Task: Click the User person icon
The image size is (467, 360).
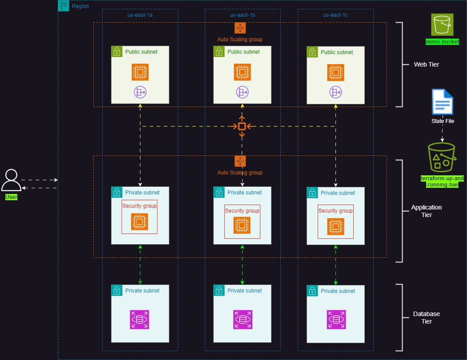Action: coord(11,180)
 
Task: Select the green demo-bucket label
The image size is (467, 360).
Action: coord(442,41)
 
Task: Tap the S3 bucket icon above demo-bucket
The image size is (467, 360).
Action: coord(442,24)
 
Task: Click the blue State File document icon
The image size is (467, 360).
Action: coord(442,103)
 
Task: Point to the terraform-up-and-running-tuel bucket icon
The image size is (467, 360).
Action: coord(442,158)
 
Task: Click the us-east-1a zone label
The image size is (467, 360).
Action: coord(140,15)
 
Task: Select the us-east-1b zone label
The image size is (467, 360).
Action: coord(242,15)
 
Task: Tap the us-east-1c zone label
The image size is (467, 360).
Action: coord(335,15)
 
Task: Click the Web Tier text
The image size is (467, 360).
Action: coord(427,65)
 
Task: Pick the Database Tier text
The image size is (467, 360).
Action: coord(426,317)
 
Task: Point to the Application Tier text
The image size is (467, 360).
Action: coord(426,211)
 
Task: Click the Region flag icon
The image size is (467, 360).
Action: coord(64,6)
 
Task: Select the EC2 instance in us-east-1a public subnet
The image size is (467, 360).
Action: coord(140,72)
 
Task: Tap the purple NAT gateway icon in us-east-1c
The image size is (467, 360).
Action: coord(335,92)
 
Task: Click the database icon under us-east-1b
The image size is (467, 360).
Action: coord(242,320)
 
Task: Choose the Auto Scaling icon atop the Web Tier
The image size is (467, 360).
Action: coord(240,28)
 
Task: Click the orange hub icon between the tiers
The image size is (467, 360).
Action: coord(242,127)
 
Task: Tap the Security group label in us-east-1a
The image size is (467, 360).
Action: coord(140,206)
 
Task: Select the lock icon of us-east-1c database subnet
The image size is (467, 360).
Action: coord(312,291)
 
